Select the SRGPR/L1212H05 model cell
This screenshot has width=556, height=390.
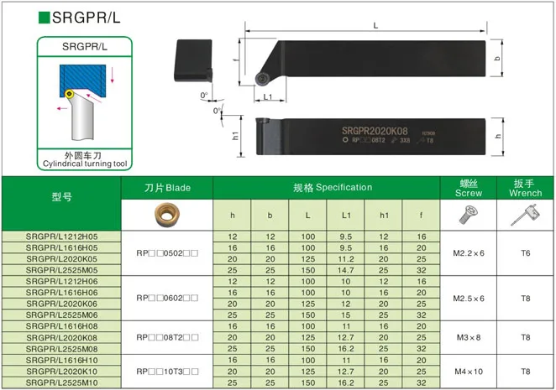[62, 237]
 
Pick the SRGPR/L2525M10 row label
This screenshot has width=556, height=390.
[62, 382]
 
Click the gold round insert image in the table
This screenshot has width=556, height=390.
[166, 216]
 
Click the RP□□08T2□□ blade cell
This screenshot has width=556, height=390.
[166, 336]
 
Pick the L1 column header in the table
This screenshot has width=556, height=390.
[346, 216]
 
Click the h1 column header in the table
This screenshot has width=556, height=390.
[384, 216]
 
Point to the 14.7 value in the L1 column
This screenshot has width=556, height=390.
[346, 271]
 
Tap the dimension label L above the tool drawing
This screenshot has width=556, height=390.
[375, 26]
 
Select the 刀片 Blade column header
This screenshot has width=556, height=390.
[166, 188]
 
